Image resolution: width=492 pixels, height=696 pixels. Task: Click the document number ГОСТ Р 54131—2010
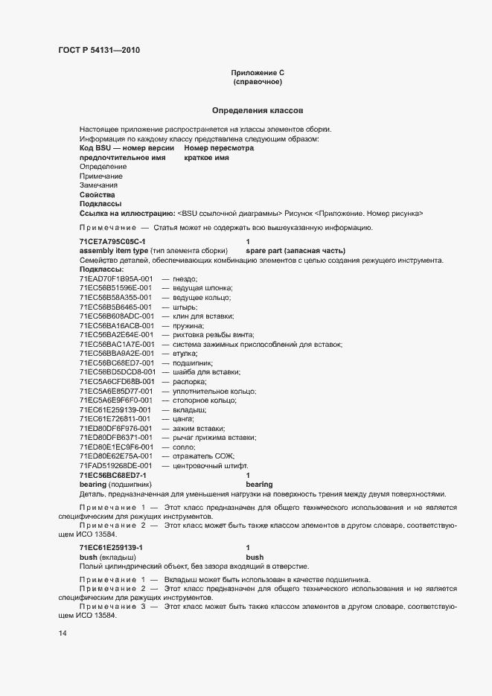click(98, 51)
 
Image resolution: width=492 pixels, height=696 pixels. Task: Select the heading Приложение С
click(258, 73)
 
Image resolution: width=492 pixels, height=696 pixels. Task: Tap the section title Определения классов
click(257, 110)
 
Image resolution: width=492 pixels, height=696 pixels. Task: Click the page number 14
click(62, 633)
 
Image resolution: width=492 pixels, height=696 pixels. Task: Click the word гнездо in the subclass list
click(185, 278)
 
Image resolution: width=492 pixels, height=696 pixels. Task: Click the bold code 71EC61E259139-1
click(111, 547)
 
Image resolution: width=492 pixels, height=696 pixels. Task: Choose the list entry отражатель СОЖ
click(203, 456)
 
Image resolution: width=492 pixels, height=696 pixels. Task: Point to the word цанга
click(184, 418)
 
